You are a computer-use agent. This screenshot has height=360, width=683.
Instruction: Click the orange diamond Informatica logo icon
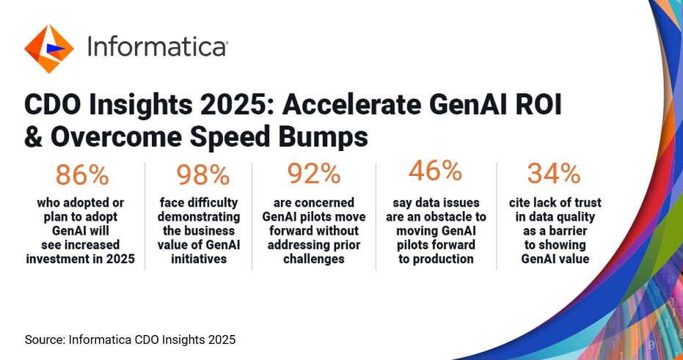pos(48,48)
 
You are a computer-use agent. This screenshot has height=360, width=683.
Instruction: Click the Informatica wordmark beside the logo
pos(157,46)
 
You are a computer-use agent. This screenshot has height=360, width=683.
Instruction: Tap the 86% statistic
pos(82,175)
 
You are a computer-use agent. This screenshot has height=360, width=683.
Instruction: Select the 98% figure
pos(202,175)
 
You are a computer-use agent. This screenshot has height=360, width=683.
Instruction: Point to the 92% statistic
pos(314,174)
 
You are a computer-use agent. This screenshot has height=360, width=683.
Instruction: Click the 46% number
pos(435,171)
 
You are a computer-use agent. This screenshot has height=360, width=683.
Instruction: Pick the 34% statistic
pos(554,174)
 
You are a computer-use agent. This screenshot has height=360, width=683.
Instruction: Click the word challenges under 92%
pos(314,259)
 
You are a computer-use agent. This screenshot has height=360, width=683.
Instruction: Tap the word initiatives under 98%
pos(199,259)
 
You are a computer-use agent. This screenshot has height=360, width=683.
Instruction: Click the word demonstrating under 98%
pos(199,217)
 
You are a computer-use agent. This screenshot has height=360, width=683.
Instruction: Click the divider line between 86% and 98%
pos(145,216)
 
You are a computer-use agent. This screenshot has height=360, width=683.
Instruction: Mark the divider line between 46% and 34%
pos(497,216)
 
